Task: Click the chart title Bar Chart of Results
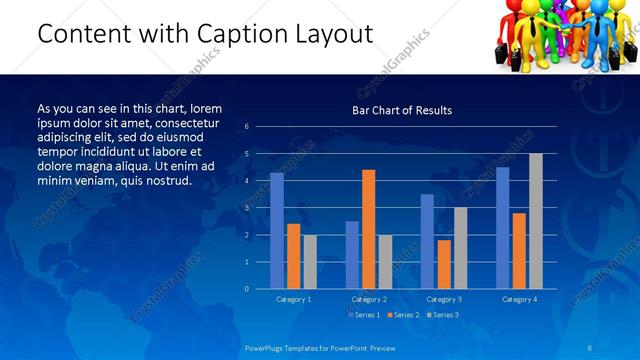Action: pos(402,110)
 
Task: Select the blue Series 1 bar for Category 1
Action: pos(277,231)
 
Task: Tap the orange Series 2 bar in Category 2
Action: pos(369,229)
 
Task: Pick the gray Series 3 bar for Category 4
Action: pos(536,221)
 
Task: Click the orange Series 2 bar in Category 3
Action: pos(444,264)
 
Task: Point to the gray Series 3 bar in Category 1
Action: pos(310,262)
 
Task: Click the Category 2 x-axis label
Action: pos(369,299)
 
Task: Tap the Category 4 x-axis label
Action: pos(518,299)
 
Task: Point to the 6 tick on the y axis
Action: pos(247,127)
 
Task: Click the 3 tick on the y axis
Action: pos(247,208)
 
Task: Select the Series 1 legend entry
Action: pos(363,315)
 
